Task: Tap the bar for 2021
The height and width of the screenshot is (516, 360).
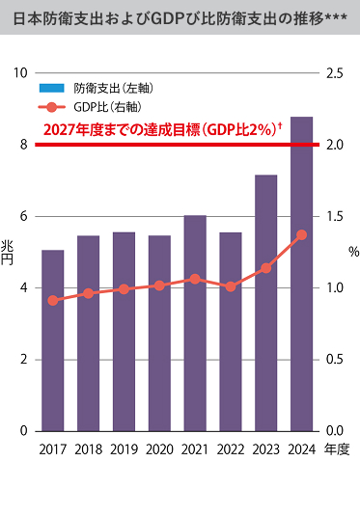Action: pos(195,323)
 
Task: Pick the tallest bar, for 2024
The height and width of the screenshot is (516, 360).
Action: pos(301,274)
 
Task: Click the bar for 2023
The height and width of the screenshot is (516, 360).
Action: pos(265,303)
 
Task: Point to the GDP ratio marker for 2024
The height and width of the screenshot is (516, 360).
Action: pos(301,235)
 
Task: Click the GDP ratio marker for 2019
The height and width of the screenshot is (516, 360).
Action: pos(124,288)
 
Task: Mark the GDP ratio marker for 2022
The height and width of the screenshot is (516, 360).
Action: pos(230,286)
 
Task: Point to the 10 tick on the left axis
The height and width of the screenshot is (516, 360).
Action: pos(21,73)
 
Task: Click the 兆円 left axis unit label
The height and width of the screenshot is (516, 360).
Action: pos(9,253)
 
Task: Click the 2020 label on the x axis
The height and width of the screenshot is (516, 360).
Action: pos(159,449)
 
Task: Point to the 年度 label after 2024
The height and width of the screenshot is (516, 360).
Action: pos(337,449)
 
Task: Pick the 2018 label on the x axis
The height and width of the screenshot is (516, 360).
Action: pos(89,449)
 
